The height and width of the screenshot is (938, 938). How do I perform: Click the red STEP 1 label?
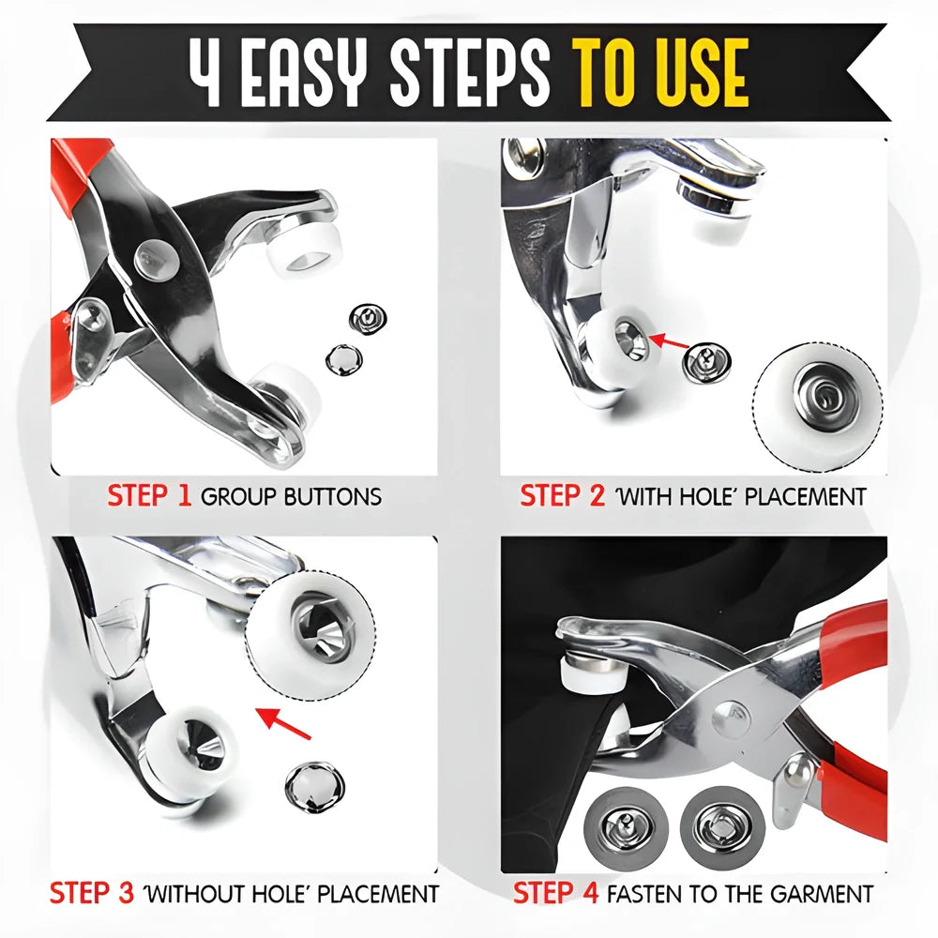tap(150, 496)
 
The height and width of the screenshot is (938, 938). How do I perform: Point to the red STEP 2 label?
tap(563, 496)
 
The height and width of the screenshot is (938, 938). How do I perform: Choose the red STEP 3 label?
tap(92, 892)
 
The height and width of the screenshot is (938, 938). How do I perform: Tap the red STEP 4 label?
tap(555, 892)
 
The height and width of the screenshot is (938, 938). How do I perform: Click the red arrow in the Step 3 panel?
tap(285, 720)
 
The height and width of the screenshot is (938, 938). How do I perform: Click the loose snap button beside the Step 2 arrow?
tap(703, 362)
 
